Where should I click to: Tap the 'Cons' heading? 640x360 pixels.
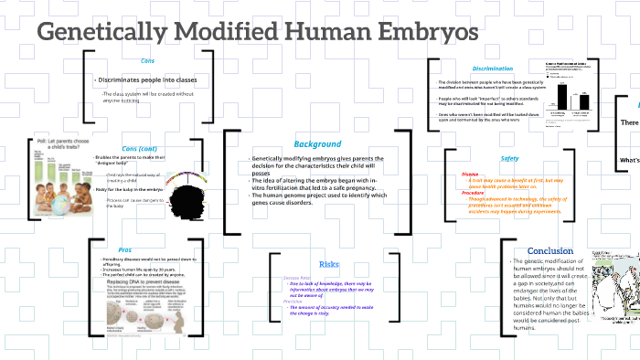pyautogui.click(x=147, y=60)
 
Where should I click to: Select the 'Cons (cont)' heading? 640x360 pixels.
pyautogui.click(x=139, y=149)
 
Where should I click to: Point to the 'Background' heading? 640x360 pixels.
pyautogui.click(x=317, y=144)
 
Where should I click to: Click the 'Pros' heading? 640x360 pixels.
pyautogui.click(x=124, y=249)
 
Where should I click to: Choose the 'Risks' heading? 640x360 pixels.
pyautogui.click(x=329, y=264)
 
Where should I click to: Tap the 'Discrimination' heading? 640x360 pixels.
pyautogui.click(x=493, y=69)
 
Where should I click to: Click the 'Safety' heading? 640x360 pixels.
pyautogui.click(x=509, y=158)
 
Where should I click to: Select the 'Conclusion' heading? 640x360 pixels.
pyautogui.click(x=550, y=250)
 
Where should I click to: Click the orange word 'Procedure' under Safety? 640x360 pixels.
pyautogui.click(x=473, y=193)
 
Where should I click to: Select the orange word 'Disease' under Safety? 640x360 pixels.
pyautogui.click(x=470, y=174)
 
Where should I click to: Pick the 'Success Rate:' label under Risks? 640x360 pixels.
pyautogui.click(x=298, y=277)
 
